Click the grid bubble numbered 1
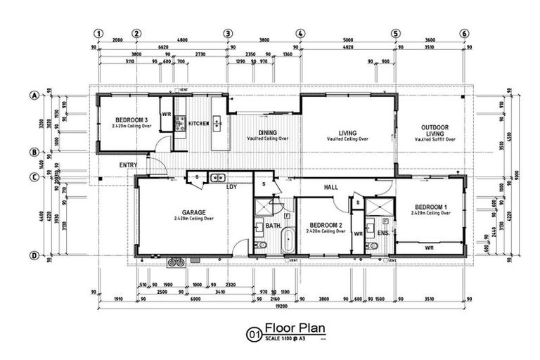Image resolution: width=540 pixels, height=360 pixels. click(x=100, y=33)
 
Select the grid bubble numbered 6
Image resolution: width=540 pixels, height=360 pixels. click(x=464, y=33)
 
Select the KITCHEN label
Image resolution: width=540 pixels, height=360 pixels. click(x=198, y=124)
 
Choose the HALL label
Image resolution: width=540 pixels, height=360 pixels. click(x=332, y=188)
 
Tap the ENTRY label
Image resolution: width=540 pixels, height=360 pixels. click(x=128, y=165)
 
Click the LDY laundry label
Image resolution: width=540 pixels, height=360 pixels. click(x=231, y=187)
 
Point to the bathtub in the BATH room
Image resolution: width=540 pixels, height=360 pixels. click(x=287, y=243)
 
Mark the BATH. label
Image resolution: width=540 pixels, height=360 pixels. click(x=273, y=226)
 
